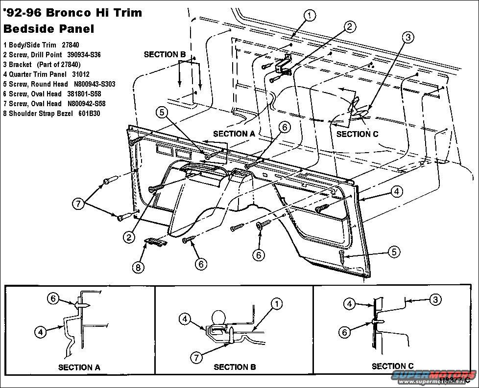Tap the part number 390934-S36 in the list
tap(84, 55)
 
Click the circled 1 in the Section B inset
tap(277, 304)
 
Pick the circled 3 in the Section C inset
tap(435, 298)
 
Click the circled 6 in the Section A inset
tap(53, 298)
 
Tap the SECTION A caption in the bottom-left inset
tap(79, 367)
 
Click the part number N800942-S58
tap(87, 104)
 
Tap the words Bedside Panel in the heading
tap(48, 28)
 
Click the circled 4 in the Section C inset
tap(349, 304)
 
